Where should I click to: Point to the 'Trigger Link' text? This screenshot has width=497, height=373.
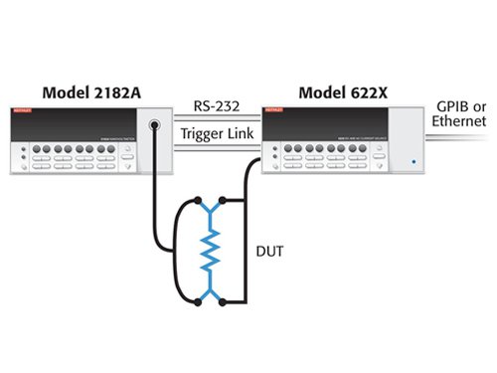click(x=216, y=132)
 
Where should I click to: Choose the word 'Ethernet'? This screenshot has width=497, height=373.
click(x=458, y=121)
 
